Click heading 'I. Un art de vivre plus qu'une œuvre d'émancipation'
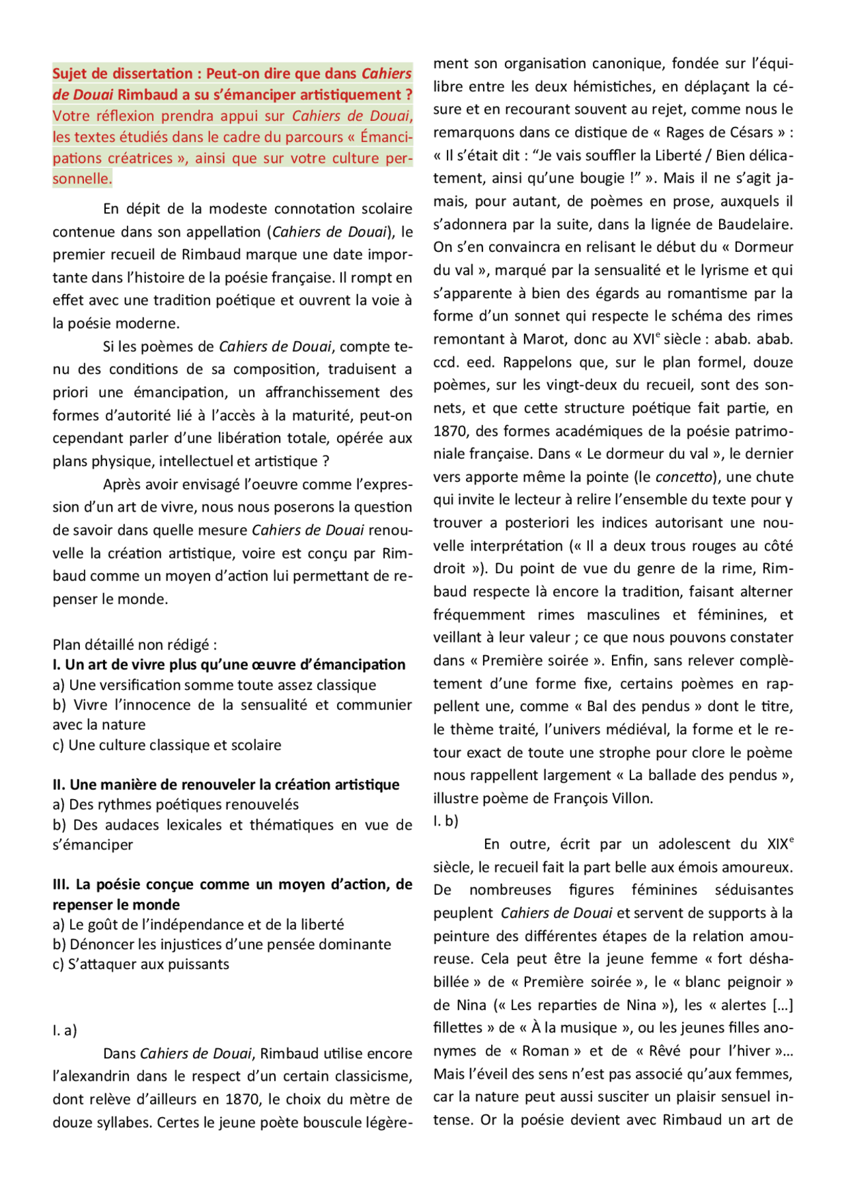tap(229, 664)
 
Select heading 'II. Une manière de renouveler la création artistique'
tap(226, 785)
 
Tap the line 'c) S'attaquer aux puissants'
tap(141, 964)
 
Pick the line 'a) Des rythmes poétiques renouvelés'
tap(176, 804)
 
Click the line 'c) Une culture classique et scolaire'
tap(167, 745)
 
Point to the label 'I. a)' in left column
tap(65, 1030)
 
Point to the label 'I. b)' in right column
tap(445, 821)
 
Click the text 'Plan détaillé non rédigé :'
tap(135, 644)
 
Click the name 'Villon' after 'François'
tap(632, 798)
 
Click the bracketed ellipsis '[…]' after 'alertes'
tap(783, 1005)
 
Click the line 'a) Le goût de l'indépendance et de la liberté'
tap(198, 924)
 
